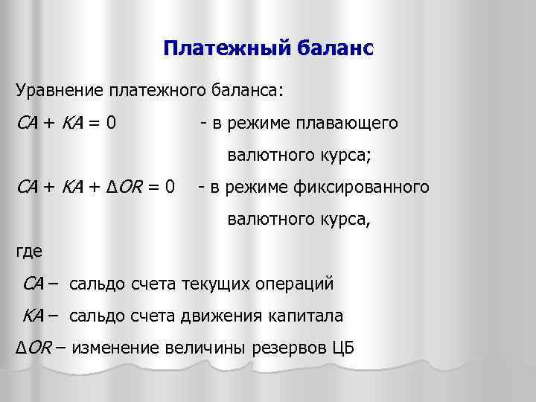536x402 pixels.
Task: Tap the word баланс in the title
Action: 331,50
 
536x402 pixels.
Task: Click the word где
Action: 29,251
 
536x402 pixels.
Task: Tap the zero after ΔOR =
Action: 170,185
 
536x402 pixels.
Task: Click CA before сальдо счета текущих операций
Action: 34,283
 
